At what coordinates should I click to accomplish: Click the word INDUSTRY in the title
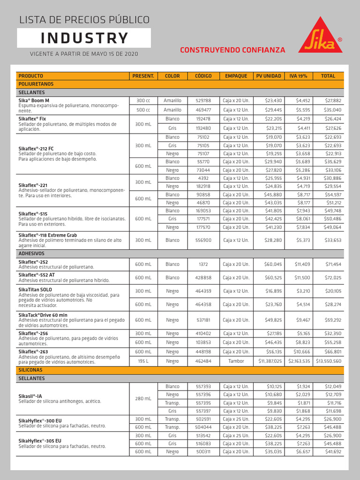84,38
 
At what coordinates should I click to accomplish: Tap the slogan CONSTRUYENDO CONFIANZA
232,50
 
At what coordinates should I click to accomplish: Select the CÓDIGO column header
203,76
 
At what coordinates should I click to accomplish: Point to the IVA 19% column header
298,76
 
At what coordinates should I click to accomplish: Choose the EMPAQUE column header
236,76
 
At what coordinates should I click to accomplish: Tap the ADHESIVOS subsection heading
31,253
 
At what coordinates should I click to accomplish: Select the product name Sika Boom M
34,100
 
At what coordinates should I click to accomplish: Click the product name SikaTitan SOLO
35,290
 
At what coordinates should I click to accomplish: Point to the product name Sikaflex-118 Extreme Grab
47,235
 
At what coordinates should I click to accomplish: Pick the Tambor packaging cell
236,361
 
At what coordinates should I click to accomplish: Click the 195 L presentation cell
143,361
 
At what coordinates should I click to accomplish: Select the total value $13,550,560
329,361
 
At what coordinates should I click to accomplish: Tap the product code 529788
203,101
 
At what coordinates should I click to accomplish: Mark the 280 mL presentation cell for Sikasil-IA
143,399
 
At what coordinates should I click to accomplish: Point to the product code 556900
203,240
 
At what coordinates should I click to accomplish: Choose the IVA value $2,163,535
299,361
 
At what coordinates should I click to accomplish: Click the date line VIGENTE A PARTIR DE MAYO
84,54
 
